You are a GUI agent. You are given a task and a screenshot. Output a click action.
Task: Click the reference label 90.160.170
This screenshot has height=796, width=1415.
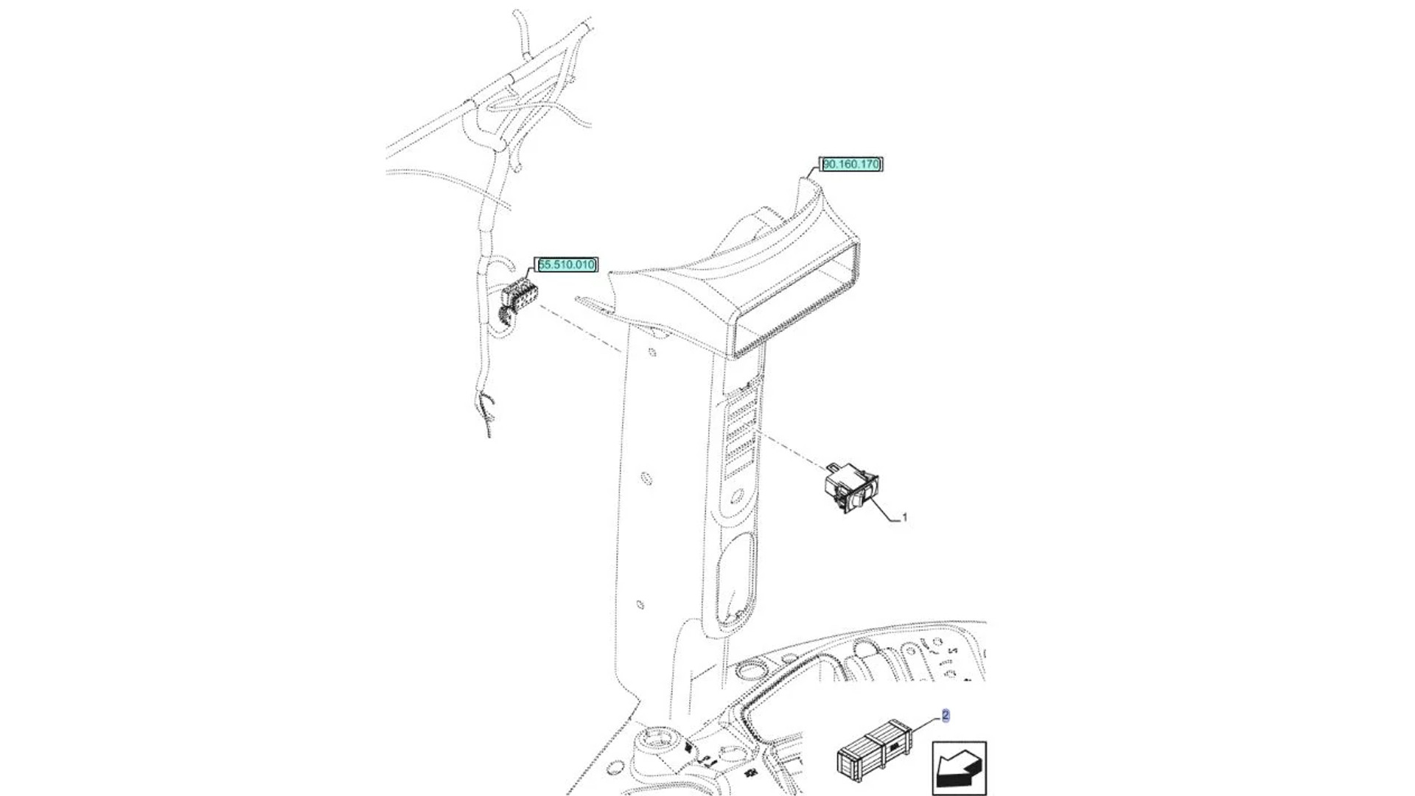coord(850,164)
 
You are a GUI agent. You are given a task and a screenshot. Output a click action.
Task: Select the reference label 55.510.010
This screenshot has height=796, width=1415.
coord(566,265)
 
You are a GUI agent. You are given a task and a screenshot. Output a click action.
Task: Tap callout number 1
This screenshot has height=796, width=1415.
coord(904,517)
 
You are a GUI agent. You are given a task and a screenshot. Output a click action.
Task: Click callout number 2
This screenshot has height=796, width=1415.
coord(946,715)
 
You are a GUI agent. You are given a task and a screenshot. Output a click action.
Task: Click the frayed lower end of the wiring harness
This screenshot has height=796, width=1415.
coord(486,413)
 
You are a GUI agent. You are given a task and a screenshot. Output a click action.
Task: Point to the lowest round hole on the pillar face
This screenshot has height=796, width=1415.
coord(640,605)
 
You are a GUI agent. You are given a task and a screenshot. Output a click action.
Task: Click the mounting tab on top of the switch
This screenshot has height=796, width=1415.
coord(834,467)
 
